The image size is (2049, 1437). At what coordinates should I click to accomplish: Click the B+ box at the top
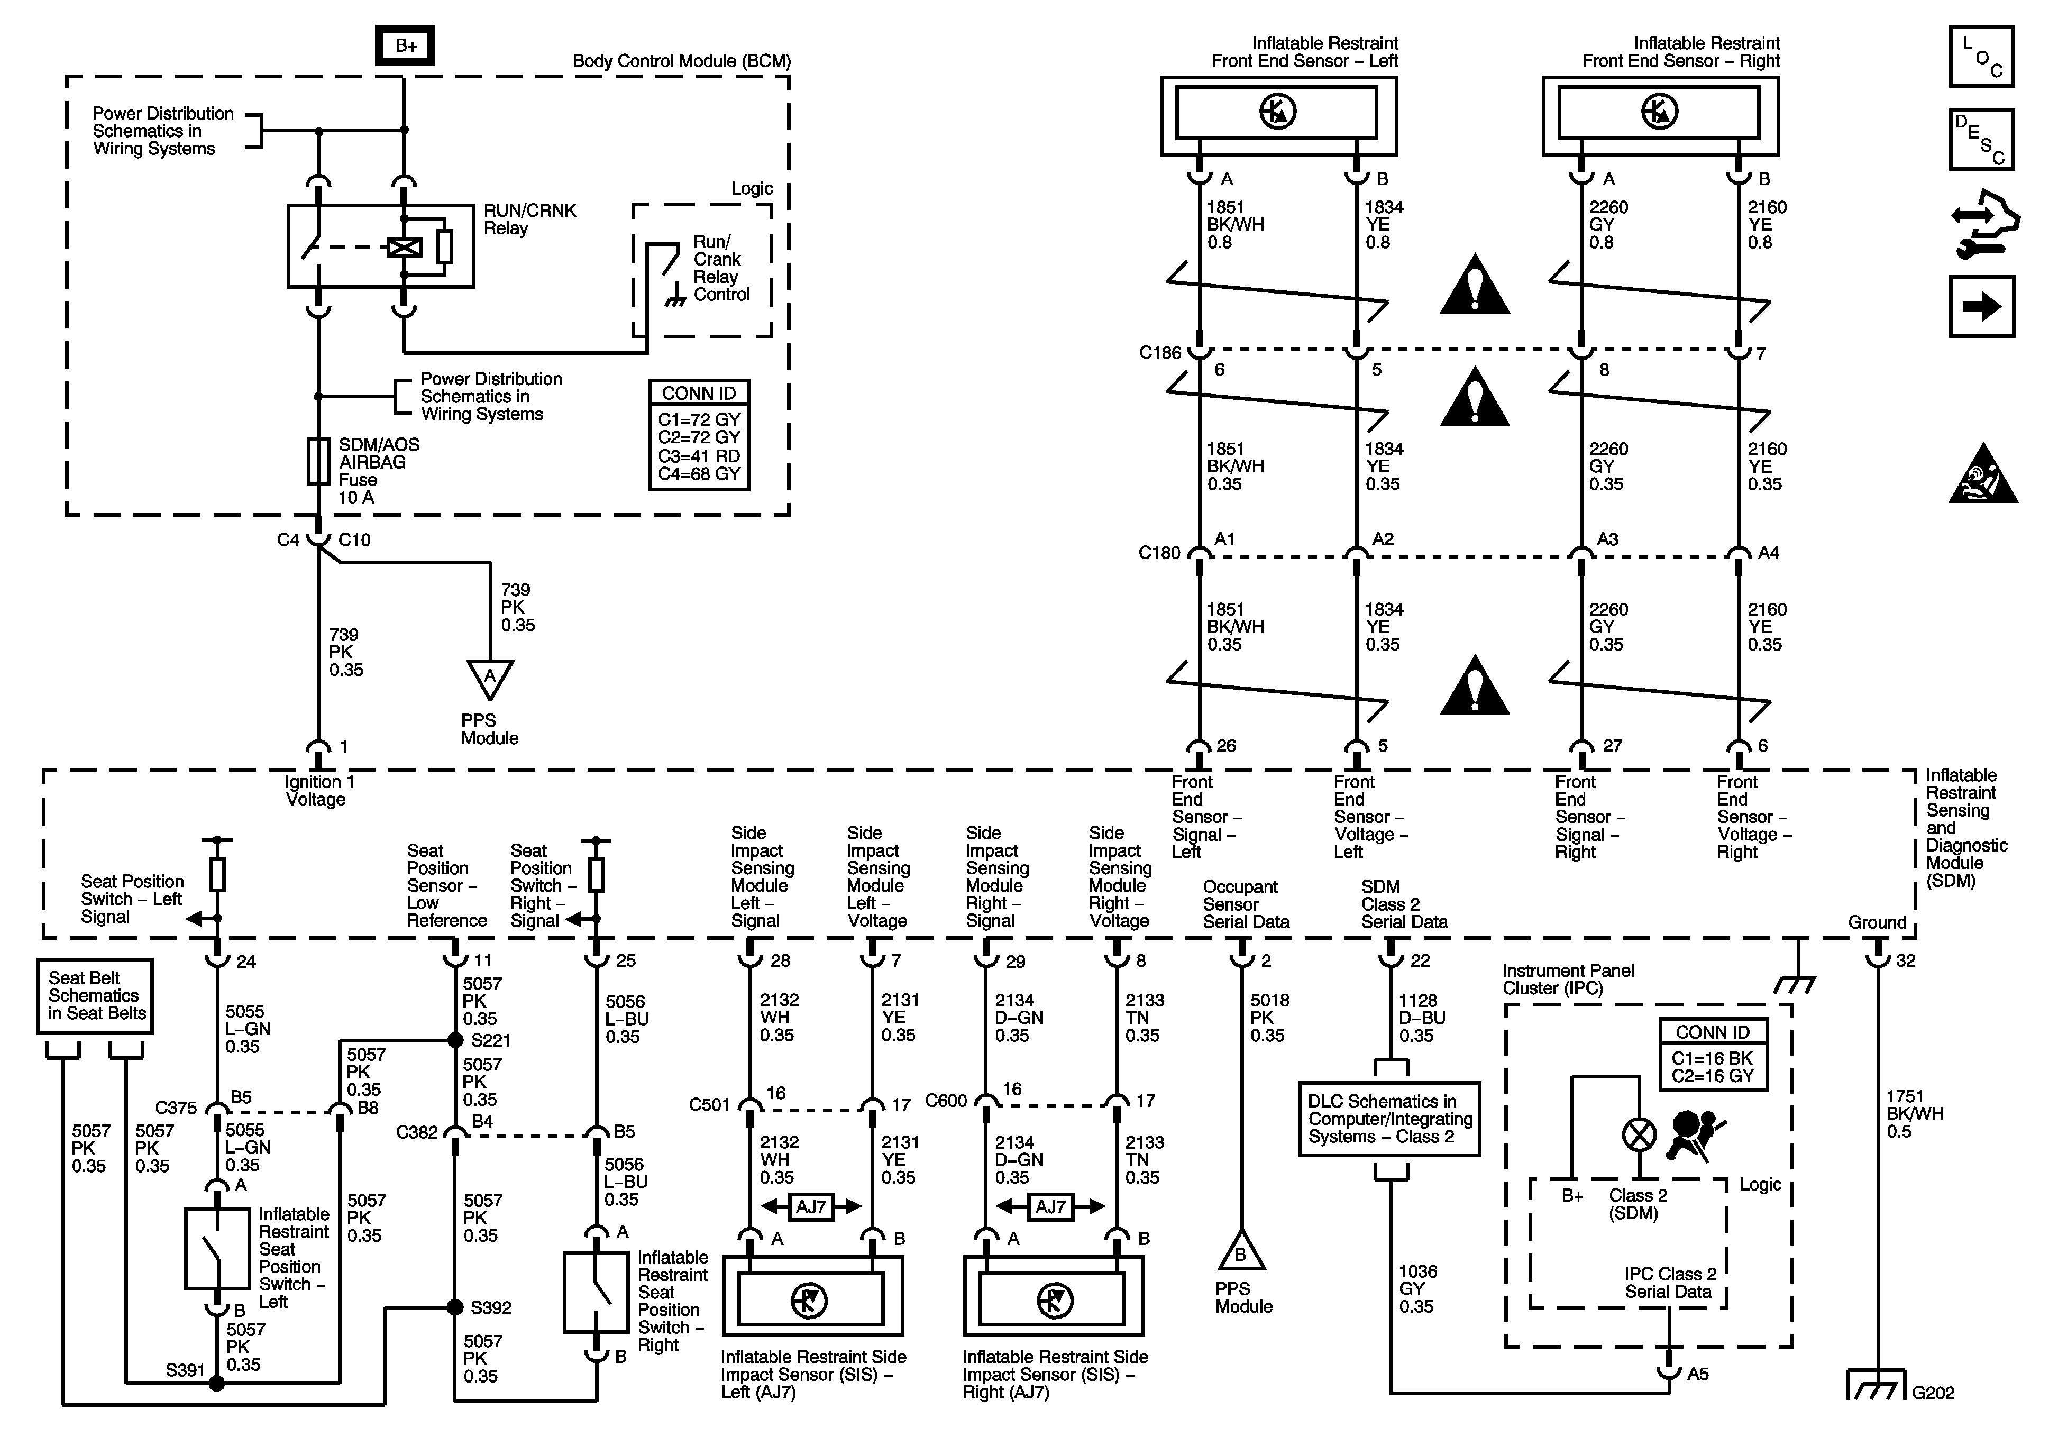tap(405, 45)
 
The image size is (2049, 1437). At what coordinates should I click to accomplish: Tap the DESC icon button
tap(1981, 139)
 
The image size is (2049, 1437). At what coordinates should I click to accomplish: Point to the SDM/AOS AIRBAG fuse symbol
tap(318, 461)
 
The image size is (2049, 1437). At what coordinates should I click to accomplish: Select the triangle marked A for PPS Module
tap(490, 679)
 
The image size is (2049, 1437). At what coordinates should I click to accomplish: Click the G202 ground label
tap(1933, 1393)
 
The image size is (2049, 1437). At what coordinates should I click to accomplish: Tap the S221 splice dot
tap(455, 1040)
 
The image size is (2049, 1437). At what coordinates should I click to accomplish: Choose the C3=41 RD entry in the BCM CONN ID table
tap(699, 456)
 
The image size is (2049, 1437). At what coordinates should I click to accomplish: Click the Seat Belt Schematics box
tap(95, 996)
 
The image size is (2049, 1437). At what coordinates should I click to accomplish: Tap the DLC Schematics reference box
tap(1389, 1119)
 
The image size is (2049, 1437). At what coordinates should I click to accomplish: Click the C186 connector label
tap(1159, 353)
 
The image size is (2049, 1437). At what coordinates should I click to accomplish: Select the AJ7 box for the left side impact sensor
tap(811, 1207)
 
